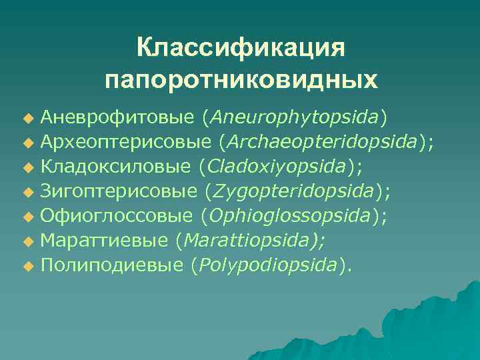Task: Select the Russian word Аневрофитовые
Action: [x=117, y=117]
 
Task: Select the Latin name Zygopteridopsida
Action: [x=293, y=191]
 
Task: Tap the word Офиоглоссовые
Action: [x=117, y=216]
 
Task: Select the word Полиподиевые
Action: [x=111, y=265]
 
